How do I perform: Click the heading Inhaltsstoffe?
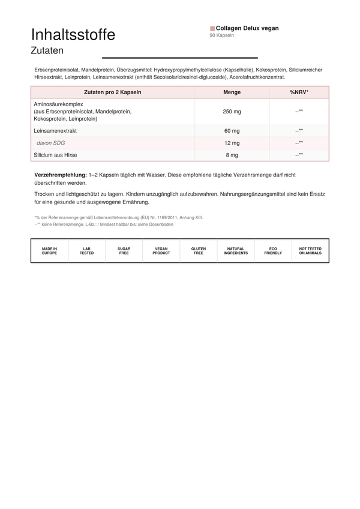(73, 35)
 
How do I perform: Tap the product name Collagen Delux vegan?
(247, 28)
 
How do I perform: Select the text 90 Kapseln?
(222, 35)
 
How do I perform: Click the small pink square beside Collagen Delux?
(212, 28)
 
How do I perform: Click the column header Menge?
(232, 92)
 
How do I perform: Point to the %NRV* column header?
(299, 92)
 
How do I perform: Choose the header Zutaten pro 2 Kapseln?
(113, 92)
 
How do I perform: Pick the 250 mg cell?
(232, 112)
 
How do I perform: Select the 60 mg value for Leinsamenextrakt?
(232, 131)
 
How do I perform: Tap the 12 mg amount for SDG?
(232, 143)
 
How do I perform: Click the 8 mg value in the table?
(232, 155)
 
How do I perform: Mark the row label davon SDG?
(51, 143)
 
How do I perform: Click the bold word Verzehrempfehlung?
(61, 174)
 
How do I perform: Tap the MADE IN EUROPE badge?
(50, 251)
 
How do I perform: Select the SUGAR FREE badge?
(124, 251)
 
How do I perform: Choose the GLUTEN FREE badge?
(199, 251)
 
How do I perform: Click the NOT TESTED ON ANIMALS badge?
(310, 251)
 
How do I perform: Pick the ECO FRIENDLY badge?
(273, 251)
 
